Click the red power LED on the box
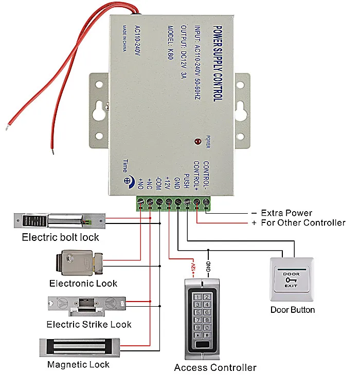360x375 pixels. pos(197,142)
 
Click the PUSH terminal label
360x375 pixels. pos(187,181)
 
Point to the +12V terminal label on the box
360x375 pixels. pos(168,183)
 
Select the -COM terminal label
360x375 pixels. pos(158,183)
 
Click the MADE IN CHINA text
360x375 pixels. pos(124,38)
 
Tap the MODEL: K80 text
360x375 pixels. pos(170,42)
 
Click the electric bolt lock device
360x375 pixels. pos(60,221)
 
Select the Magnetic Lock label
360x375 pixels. pos(78,365)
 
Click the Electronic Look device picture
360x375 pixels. pos(79,263)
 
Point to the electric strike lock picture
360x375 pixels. pos(87,306)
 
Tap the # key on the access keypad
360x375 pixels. pos(207,335)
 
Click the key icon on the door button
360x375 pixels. pos(291,279)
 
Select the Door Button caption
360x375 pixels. pos(293,310)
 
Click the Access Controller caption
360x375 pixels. pos(215,367)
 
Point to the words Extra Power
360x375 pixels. pos(286,213)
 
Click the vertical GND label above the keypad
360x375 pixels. pos(208,267)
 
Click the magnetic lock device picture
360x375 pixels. pos(80,348)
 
